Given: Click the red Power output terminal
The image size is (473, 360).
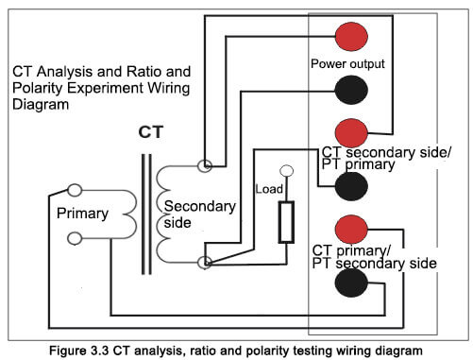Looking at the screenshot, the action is [x=351, y=37].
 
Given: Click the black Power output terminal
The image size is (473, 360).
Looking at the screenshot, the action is [x=351, y=90].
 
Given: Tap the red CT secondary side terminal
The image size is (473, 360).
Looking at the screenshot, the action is [x=351, y=133].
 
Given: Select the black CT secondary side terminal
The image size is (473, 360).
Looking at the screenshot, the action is [x=351, y=186].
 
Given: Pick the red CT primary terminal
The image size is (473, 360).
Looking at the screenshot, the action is [x=351, y=230].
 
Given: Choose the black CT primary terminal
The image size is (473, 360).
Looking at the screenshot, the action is [x=351, y=283].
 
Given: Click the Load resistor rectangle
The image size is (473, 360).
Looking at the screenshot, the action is [x=286, y=222].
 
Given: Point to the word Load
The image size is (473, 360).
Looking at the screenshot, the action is [x=269, y=189].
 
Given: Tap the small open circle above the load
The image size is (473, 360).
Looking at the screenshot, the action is [x=286, y=171].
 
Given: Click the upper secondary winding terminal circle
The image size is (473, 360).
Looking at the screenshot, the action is [x=205, y=165].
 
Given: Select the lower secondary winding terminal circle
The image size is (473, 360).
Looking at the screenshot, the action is [x=205, y=262].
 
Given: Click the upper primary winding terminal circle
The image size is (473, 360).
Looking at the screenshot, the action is [x=75, y=190].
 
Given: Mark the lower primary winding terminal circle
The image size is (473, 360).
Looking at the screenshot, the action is [x=75, y=238].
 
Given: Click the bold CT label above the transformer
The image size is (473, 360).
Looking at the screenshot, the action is [x=151, y=132].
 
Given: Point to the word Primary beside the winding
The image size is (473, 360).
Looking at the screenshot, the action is [x=82, y=214].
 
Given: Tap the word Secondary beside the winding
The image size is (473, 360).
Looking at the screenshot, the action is [x=200, y=207].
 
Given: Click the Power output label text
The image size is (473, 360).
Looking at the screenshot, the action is [x=347, y=64].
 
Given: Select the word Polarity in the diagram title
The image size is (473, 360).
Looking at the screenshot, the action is [x=37, y=88].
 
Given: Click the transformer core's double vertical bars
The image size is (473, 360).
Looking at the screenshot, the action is [x=146, y=214].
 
